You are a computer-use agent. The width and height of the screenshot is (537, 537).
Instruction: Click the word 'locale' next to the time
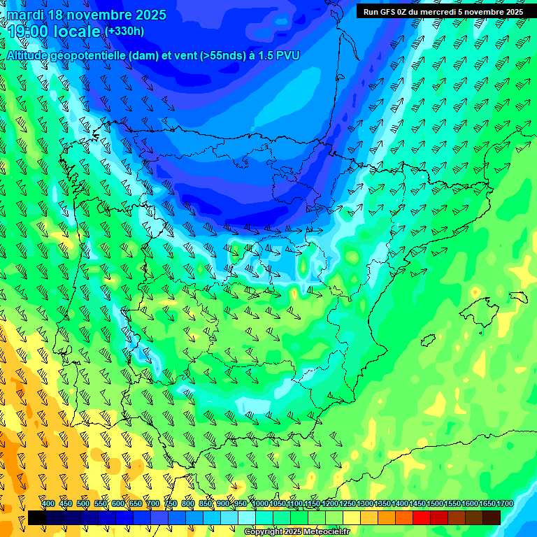(79, 31)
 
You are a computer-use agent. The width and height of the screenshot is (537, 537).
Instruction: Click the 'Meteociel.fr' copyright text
(320, 532)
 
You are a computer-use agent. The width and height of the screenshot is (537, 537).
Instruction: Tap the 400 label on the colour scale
(48, 503)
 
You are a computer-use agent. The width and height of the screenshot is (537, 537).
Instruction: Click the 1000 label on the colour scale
(259, 503)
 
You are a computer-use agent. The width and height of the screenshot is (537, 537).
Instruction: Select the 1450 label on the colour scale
(417, 503)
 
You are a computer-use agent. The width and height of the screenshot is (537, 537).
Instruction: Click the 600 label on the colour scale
(118, 503)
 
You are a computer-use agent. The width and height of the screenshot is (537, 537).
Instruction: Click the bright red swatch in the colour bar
(422, 517)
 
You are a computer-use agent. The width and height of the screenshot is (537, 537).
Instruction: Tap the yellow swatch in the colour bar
(352, 517)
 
